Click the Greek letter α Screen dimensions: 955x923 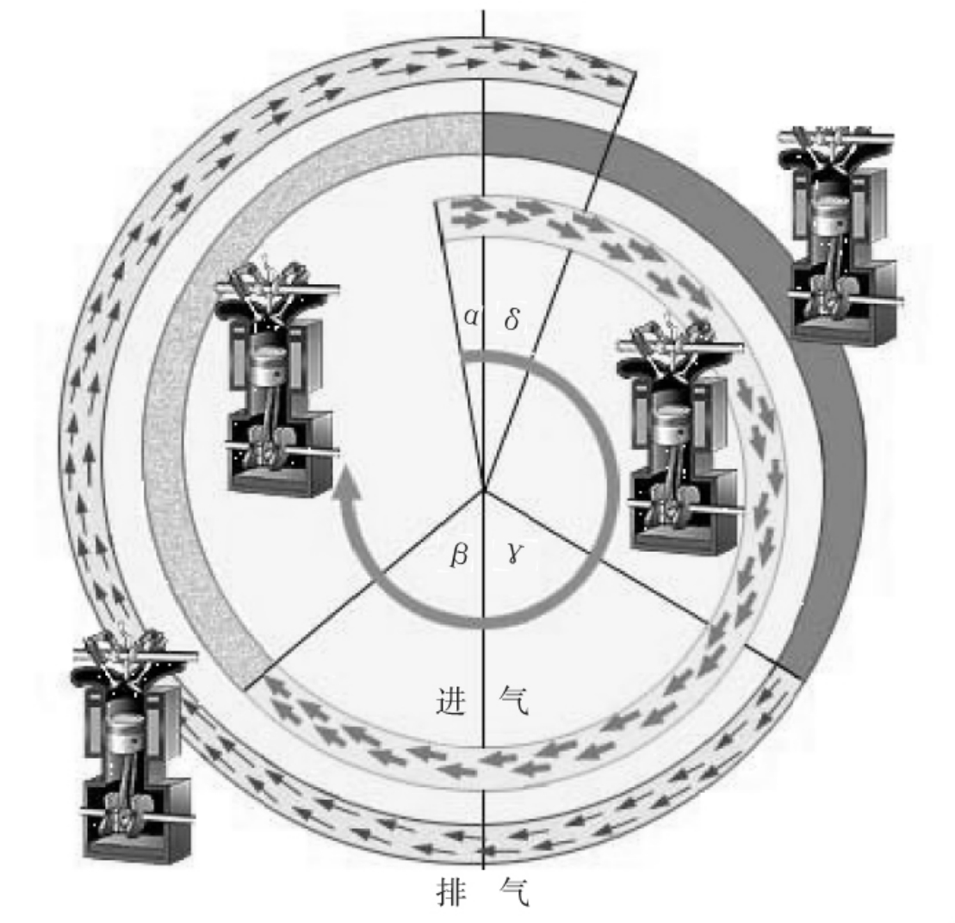pyautogui.click(x=471, y=317)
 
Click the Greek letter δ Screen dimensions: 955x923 pyautogui.click(x=512, y=318)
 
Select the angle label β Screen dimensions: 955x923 pyautogui.click(x=459, y=554)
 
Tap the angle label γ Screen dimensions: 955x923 pyautogui.click(x=513, y=553)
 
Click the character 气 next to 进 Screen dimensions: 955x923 pyautogui.click(x=513, y=700)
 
